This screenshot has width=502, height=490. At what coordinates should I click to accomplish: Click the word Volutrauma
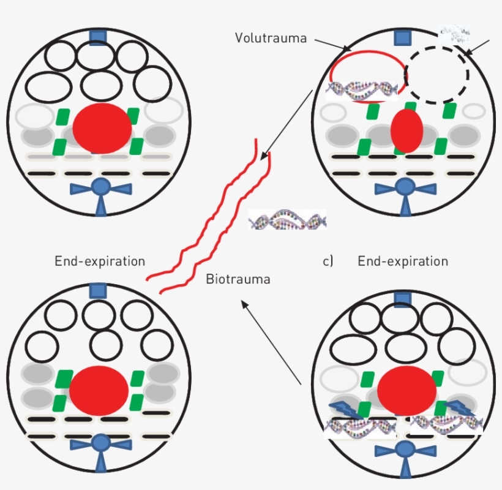[x=271, y=38]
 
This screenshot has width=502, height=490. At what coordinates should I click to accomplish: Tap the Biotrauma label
[x=238, y=280]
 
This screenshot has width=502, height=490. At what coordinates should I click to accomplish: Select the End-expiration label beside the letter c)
[x=402, y=262]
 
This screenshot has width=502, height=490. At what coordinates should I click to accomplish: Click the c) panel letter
[x=328, y=262]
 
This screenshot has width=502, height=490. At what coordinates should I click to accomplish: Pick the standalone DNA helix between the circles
[x=288, y=219]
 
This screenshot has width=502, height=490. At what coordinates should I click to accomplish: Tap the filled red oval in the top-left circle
[x=102, y=129]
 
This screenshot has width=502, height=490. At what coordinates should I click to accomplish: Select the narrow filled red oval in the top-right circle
[x=406, y=130]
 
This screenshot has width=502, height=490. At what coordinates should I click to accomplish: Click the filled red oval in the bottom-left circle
[x=99, y=393]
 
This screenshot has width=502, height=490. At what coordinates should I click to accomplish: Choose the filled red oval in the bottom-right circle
[x=406, y=392]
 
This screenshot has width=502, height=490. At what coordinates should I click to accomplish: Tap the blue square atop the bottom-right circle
[x=403, y=299]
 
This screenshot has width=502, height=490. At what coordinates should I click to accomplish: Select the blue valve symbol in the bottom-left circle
[x=99, y=450]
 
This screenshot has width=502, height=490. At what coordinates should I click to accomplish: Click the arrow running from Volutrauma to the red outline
[x=334, y=45]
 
